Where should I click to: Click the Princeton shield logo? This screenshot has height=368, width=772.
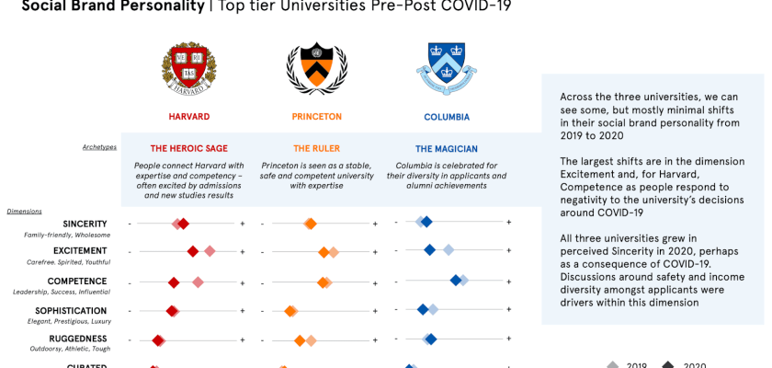(x=316, y=68)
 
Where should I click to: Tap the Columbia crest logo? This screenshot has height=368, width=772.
(x=446, y=68)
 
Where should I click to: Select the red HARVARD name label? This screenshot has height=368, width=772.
(x=189, y=117)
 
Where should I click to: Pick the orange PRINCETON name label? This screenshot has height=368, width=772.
(x=316, y=117)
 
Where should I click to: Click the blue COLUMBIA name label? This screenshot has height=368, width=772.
(x=447, y=117)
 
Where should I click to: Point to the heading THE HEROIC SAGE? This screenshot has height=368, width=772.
(x=188, y=148)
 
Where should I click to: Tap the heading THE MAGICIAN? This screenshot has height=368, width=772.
(x=446, y=148)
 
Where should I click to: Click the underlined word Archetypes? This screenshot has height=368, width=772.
(x=99, y=146)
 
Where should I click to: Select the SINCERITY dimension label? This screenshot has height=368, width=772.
(x=85, y=224)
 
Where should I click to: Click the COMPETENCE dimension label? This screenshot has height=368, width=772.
(x=77, y=282)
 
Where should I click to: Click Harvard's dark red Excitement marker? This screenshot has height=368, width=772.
(x=193, y=251)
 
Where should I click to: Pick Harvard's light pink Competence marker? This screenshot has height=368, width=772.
(x=198, y=282)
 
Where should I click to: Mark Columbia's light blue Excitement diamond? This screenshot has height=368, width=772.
(x=448, y=250)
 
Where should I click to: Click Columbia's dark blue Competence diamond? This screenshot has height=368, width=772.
(x=455, y=280)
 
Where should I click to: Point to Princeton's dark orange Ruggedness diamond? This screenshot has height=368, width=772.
(x=300, y=340)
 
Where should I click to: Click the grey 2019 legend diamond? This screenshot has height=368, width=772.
(x=613, y=364)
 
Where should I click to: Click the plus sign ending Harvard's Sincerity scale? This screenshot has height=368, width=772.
(x=243, y=224)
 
